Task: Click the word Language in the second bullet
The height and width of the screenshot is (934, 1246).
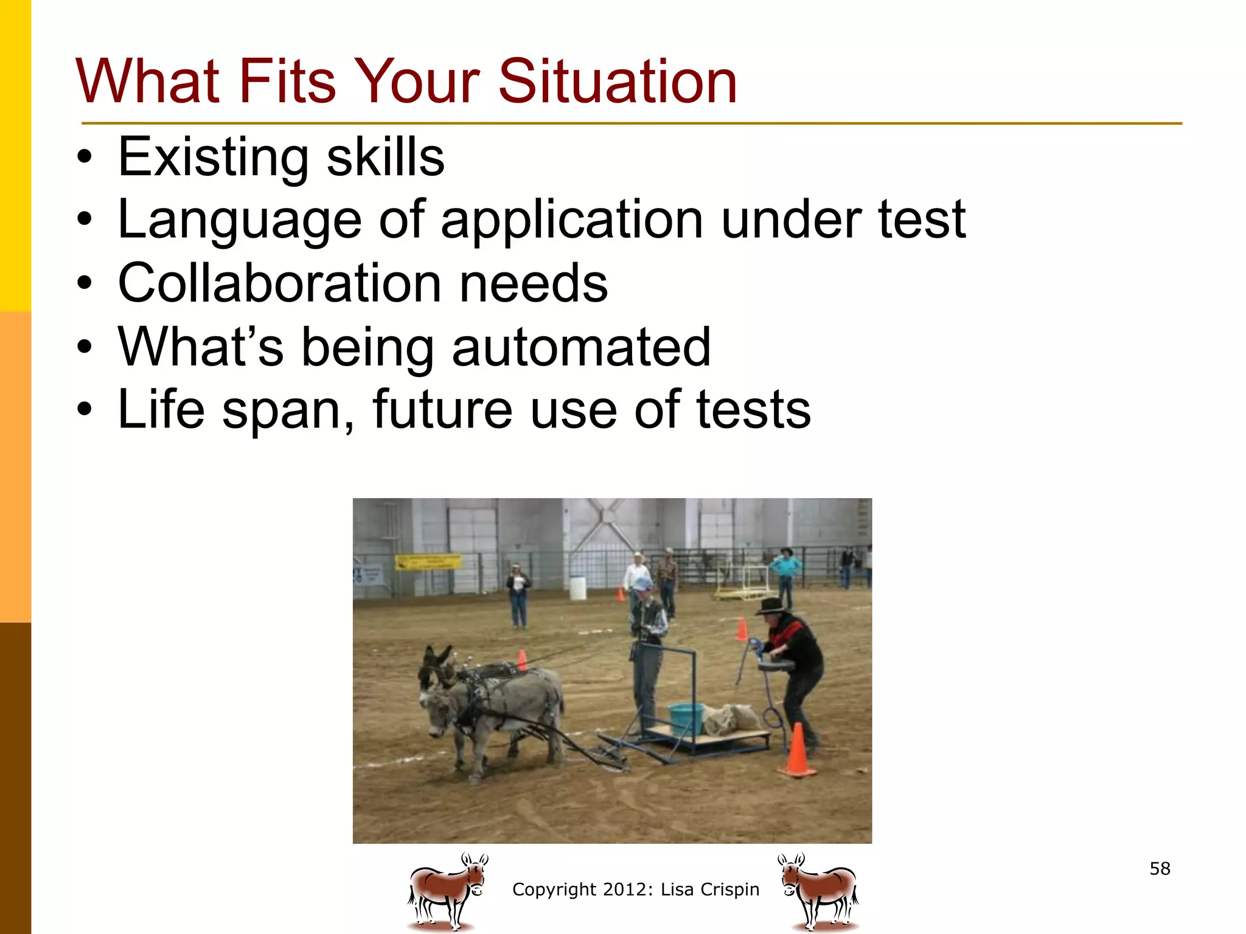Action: [x=240, y=220]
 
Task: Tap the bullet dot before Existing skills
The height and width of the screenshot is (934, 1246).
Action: [x=85, y=158]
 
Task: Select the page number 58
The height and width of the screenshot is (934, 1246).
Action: [x=1160, y=868]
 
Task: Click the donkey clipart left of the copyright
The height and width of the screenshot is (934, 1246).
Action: [x=448, y=891]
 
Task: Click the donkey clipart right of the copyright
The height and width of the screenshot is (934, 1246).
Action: [x=819, y=891]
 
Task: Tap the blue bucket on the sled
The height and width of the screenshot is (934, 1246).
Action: [x=686, y=718]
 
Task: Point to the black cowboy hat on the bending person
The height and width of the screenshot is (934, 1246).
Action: [x=771, y=606]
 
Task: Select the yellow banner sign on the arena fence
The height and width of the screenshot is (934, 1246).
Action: [x=427, y=561]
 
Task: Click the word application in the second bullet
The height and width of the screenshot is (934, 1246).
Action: [x=571, y=220]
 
